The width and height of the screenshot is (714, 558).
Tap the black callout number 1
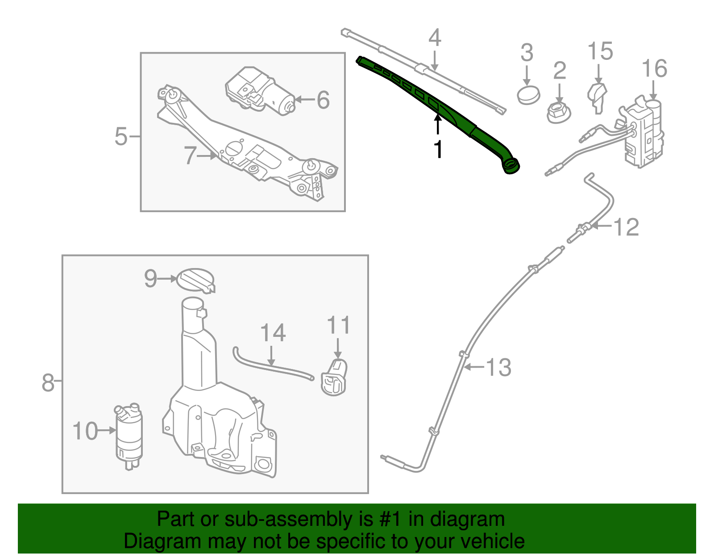[439, 149]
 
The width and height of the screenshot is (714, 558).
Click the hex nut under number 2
[558, 113]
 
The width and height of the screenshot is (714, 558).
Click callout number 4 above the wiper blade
[434, 38]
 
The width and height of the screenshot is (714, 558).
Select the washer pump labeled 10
[129, 436]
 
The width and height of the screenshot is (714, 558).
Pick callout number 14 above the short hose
[273, 333]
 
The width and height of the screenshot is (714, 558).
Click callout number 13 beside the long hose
[498, 367]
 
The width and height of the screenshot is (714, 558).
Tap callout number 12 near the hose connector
[626, 227]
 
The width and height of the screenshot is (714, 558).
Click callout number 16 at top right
[654, 69]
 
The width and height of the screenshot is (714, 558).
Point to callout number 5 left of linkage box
[121, 136]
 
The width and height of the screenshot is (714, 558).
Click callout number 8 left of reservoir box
[48, 383]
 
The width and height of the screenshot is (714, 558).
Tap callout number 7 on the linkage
[190, 155]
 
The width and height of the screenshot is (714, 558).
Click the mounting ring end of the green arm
[511, 165]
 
